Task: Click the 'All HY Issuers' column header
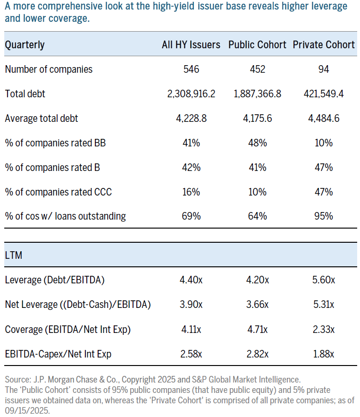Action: [x=191, y=45]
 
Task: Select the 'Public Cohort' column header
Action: [x=257, y=45]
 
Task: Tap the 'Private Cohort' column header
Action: [x=324, y=45]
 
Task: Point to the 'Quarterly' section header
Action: [x=25, y=45]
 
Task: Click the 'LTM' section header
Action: [x=14, y=255]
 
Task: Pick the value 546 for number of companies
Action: [x=191, y=69]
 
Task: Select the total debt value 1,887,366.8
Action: [x=257, y=94]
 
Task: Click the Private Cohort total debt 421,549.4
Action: [x=324, y=94]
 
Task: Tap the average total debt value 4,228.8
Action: [x=191, y=119]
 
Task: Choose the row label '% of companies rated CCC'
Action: [x=58, y=192]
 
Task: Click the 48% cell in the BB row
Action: [x=257, y=143]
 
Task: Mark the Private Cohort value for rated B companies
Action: [x=324, y=168]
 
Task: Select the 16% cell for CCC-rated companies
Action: [x=191, y=192]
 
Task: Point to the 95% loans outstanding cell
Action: [x=324, y=217]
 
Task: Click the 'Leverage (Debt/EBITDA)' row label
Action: [x=54, y=280]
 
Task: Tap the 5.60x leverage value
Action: [x=324, y=280]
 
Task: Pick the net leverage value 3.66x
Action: [x=257, y=305]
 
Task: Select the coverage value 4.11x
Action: [x=191, y=329]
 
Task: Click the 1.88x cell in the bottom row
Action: [x=324, y=354]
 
